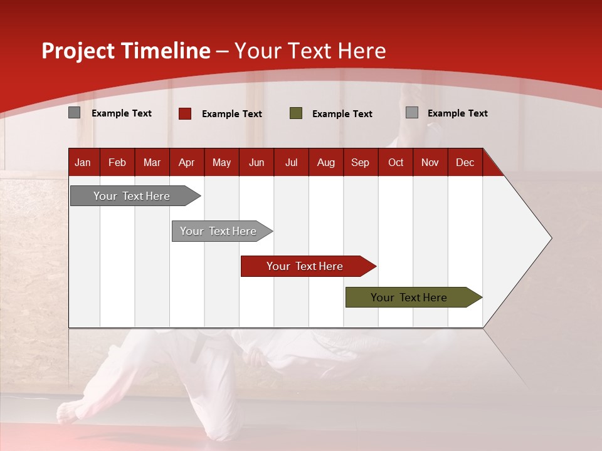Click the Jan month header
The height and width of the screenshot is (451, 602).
83,163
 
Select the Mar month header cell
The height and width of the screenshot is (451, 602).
152,163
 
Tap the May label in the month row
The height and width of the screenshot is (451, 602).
221,163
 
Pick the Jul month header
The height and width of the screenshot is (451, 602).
291,163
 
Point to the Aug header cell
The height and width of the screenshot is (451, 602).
325,163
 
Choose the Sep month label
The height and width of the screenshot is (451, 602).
360,163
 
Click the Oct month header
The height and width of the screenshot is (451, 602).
396,163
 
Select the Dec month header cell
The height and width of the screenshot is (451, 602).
465,163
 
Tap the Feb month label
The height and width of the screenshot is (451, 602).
117,163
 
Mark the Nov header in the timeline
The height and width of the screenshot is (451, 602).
430,163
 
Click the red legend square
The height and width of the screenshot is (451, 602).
185,113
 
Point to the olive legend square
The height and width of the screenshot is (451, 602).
296,113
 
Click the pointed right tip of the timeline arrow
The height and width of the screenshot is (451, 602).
550,238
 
